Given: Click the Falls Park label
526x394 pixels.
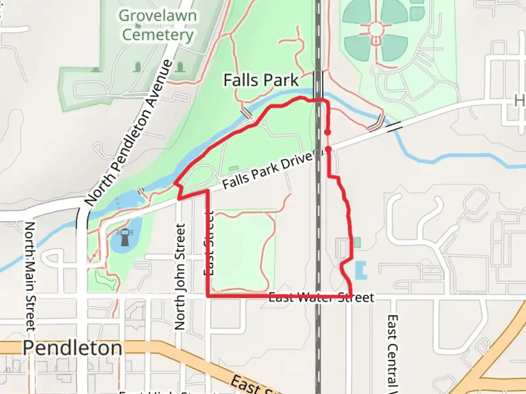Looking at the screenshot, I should [261, 80].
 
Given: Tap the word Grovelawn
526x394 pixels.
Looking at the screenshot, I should [157, 16].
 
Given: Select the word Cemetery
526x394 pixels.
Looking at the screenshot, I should [157, 35].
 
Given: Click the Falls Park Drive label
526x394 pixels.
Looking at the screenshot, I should [268, 171].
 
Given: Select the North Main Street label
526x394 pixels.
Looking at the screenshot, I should [30, 276].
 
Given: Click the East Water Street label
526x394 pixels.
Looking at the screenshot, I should [321, 298].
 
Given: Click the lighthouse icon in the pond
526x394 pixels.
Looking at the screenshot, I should [125, 237].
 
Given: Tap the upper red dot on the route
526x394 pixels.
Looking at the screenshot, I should [328, 132].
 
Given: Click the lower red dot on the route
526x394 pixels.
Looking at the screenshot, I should [328, 149].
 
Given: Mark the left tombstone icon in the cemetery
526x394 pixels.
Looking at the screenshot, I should [138, 67].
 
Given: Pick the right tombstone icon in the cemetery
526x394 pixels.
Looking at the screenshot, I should [180, 67].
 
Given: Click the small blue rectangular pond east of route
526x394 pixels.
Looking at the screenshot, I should [361, 270].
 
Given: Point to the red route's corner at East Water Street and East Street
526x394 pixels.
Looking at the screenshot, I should [208, 297].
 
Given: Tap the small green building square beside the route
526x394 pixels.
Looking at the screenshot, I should [357, 242].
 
